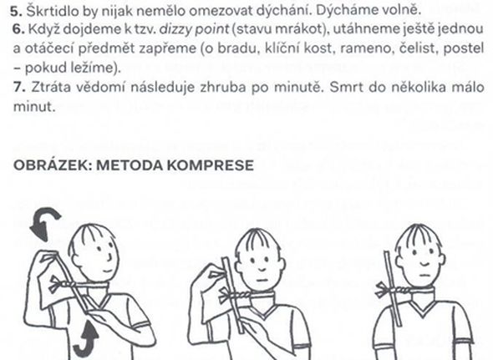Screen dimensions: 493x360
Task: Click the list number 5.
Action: pos(17,11)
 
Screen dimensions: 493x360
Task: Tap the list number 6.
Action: pos(18,29)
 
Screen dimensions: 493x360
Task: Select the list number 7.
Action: pos(19,87)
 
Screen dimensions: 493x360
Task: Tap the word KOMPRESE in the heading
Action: pos(211,165)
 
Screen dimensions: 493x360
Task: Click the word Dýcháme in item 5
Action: pos(343,12)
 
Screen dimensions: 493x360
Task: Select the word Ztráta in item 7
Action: pos(51,87)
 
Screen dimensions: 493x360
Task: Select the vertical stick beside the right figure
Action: pos(393,288)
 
